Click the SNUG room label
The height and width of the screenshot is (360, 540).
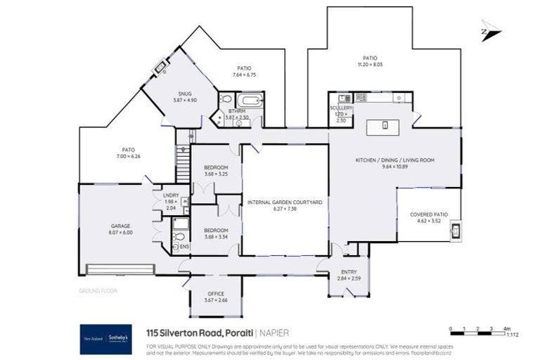point(185,94)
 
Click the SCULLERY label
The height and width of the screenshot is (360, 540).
point(342,108)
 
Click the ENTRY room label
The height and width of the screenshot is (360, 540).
point(348,272)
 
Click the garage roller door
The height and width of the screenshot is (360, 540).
point(117,269)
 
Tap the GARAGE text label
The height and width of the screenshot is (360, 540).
point(120,226)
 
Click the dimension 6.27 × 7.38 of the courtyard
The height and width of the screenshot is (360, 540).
point(285,208)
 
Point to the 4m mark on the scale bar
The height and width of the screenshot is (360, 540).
point(506,328)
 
